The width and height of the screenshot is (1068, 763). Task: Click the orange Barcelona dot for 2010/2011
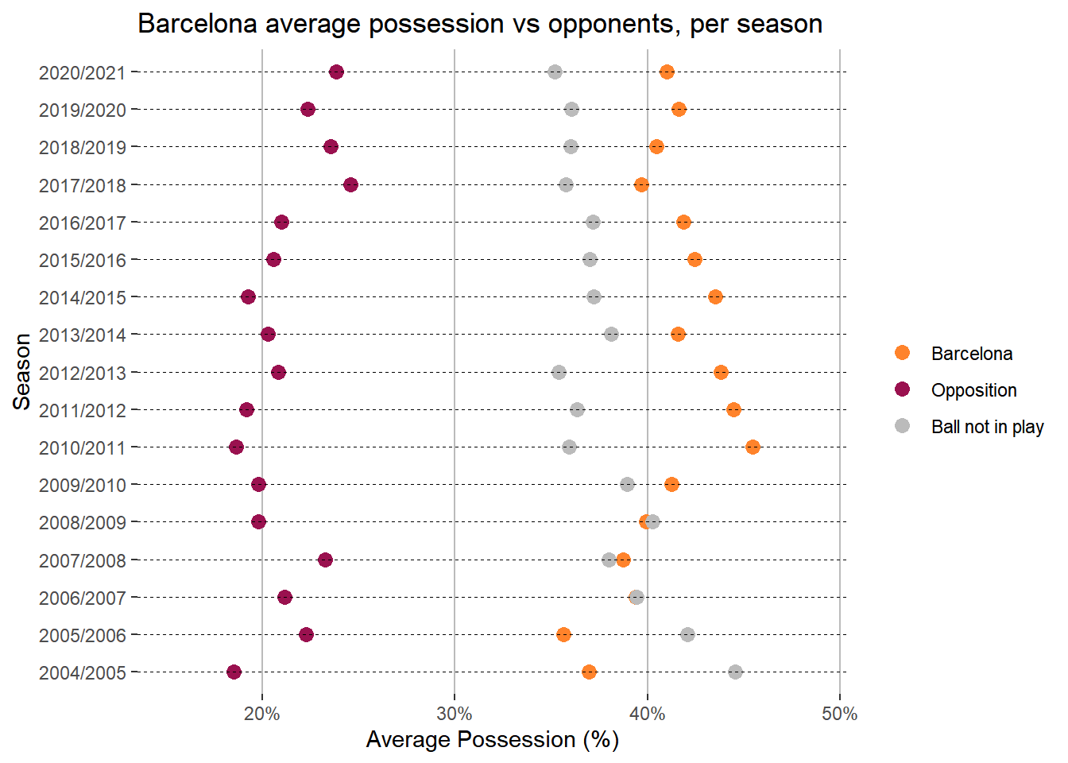click(x=753, y=447)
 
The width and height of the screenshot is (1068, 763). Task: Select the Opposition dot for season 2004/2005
click(x=234, y=672)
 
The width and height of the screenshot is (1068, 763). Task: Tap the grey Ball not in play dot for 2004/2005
click(x=735, y=672)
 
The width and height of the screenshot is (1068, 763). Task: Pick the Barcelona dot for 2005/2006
click(x=563, y=635)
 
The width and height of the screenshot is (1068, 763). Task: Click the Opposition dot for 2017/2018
click(x=350, y=185)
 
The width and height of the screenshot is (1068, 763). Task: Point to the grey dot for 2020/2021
click(x=555, y=72)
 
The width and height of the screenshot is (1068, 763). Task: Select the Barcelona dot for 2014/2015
click(x=715, y=297)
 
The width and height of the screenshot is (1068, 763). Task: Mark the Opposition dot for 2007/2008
click(x=325, y=560)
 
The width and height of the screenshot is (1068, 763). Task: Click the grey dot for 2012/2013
click(x=559, y=373)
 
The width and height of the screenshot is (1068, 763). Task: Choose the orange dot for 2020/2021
click(x=667, y=72)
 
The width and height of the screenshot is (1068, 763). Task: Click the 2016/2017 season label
click(x=83, y=223)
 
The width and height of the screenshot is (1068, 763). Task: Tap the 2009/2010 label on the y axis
click(x=83, y=486)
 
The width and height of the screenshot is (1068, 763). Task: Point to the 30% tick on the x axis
click(x=455, y=714)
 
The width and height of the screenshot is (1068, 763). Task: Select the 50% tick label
click(x=840, y=714)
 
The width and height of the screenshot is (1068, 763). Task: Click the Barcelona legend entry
click(x=971, y=354)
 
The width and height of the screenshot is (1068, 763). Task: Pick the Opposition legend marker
click(x=902, y=389)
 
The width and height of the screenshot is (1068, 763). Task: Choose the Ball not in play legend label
click(x=987, y=427)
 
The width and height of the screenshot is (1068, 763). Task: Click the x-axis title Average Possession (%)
click(x=492, y=740)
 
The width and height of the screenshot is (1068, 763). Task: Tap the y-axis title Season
click(x=22, y=372)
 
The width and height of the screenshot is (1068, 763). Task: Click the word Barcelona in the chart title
click(x=198, y=24)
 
